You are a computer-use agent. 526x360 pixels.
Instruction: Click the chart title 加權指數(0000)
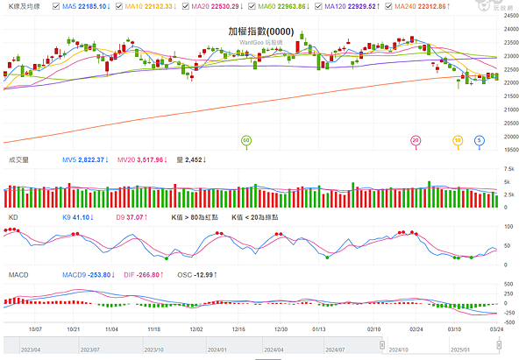tap(262, 30)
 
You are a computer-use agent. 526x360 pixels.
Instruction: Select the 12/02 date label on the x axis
tap(196, 330)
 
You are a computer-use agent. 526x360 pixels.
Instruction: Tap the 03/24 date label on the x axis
tap(495, 330)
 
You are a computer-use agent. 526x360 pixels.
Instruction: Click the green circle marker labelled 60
tap(246, 139)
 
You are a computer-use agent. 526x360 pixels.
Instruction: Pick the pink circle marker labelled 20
tap(416, 139)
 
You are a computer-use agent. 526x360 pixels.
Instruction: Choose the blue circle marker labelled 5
tap(480, 139)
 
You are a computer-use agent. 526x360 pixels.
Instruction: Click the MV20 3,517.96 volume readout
tap(142, 160)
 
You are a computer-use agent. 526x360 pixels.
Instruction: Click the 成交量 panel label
tap(18, 160)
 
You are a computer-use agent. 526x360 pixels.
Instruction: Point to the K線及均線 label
tap(24, 6)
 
